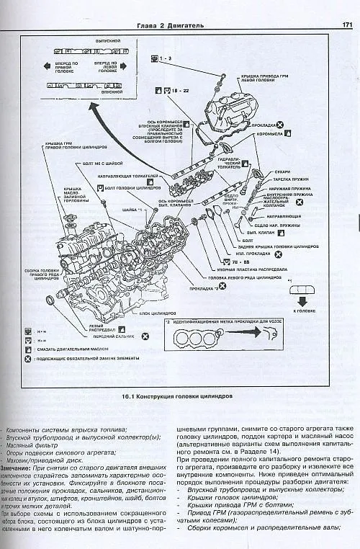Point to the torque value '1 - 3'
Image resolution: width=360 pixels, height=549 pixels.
[165, 57]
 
